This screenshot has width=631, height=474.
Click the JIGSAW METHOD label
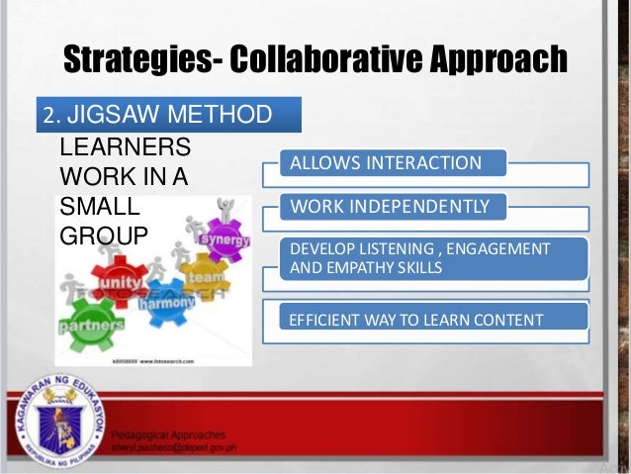click(168, 116)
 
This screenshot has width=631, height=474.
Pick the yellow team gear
click(206, 280)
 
